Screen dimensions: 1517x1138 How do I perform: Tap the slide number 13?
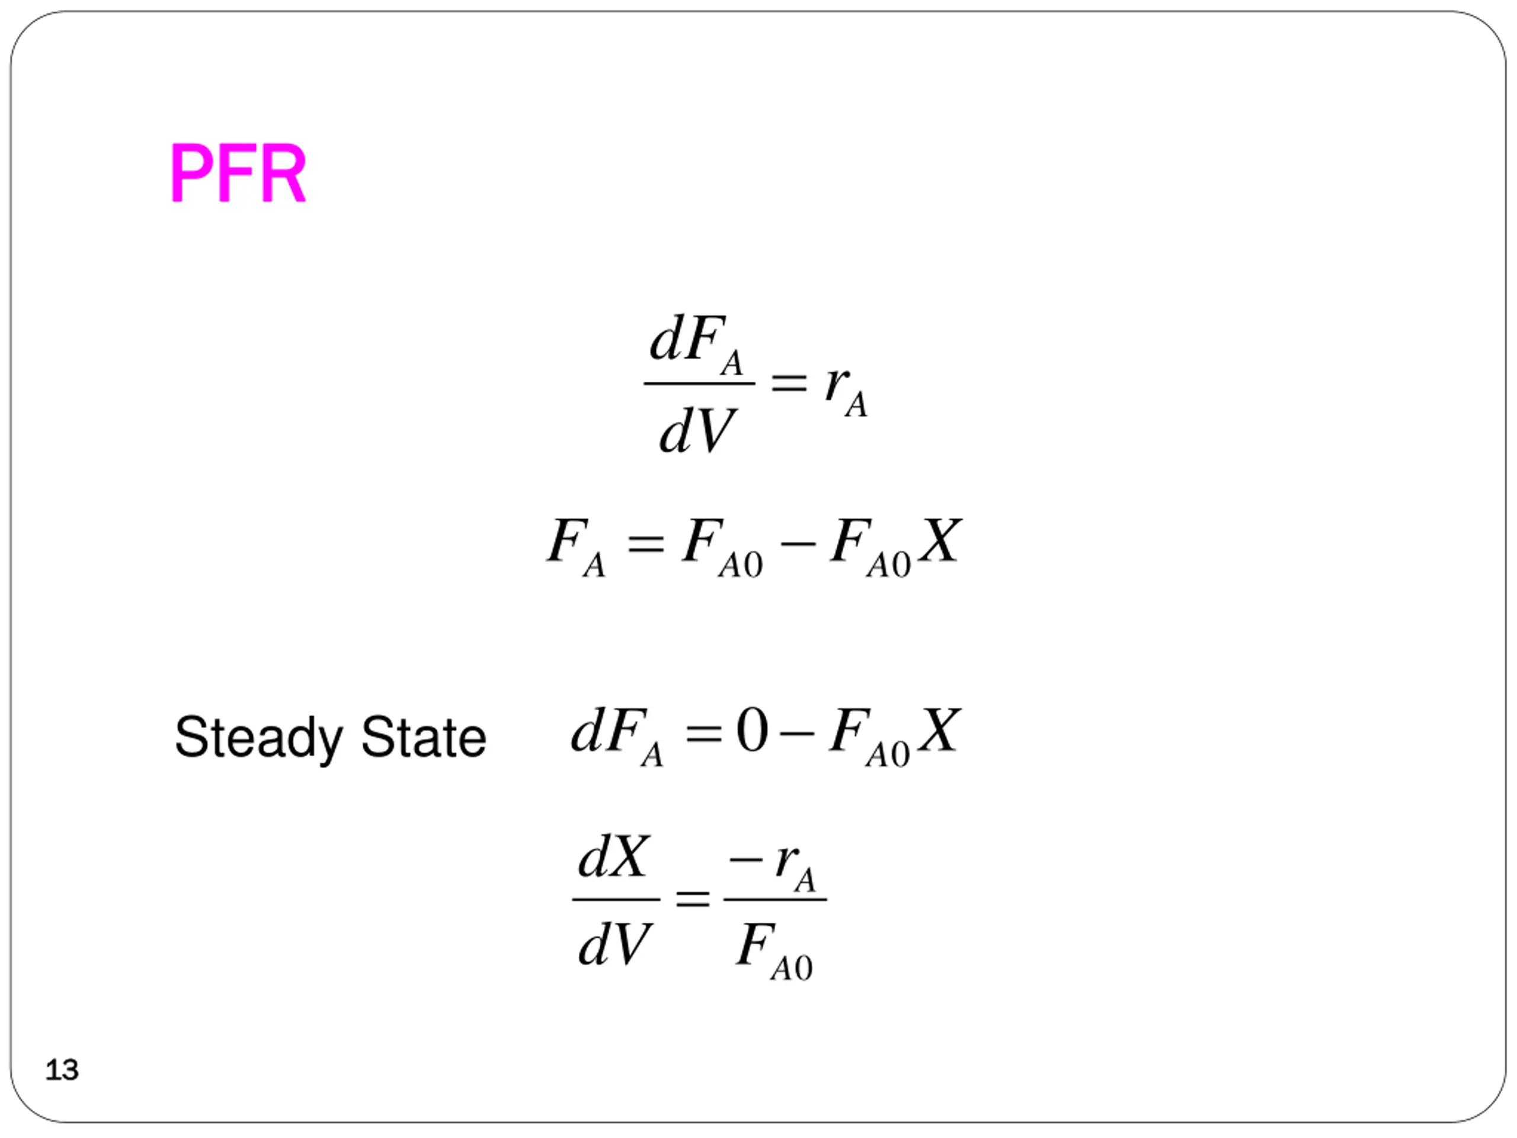[x=62, y=1070]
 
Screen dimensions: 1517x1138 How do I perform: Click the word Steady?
[x=258, y=738]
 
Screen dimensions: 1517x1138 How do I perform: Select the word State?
[x=423, y=737]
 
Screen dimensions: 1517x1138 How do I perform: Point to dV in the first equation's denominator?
[x=696, y=431]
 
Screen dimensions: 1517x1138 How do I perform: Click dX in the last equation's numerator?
[x=612, y=858]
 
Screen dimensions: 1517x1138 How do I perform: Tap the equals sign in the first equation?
[x=789, y=383]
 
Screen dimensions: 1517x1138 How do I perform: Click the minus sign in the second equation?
[x=798, y=545]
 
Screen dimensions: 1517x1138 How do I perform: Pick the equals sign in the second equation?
[x=645, y=545]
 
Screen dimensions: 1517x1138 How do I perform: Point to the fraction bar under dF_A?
[x=699, y=384]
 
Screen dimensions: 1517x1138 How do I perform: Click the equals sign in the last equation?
[x=692, y=899]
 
